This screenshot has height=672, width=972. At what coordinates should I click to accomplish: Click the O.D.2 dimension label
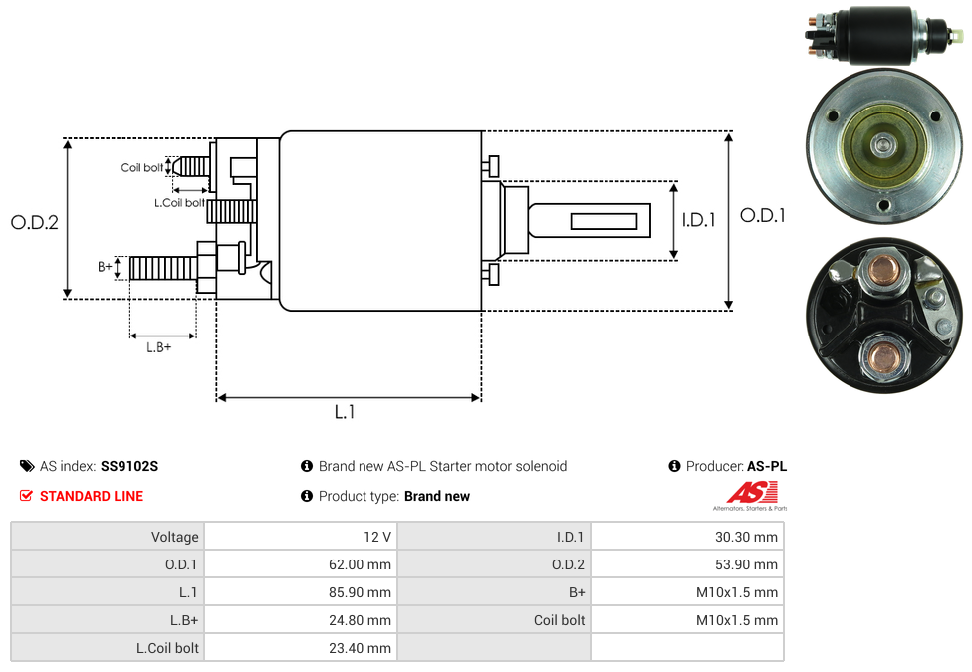point(35,223)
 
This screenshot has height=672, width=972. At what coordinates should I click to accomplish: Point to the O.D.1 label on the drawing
point(763,215)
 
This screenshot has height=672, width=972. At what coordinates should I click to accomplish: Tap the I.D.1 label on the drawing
point(698,220)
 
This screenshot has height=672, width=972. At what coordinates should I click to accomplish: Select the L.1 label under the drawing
point(345,412)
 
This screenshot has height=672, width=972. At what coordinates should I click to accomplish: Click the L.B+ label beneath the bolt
point(159,347)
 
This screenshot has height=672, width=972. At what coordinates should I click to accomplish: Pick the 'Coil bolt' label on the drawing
point(142,168)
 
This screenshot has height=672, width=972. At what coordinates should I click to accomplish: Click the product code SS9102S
point(129,466)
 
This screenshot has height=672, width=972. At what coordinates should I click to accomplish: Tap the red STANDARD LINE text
point(92,496)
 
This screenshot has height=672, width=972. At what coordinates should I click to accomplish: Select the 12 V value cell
point(377,537)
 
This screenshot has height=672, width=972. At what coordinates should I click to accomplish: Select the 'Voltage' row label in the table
point(175,537)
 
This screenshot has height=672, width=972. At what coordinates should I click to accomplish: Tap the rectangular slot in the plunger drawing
point(605,220)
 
